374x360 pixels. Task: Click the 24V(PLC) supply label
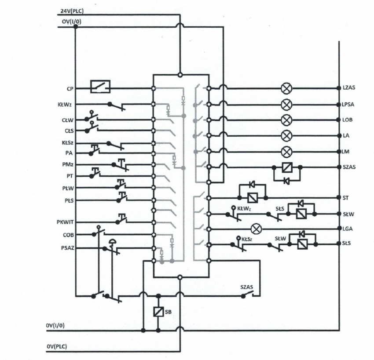pyautogui.click(x=72, y=11)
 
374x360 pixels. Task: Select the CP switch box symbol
pyautogui.click(x=100, y=87)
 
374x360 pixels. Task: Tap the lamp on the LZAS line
pyautogui.click(x=286, y=88)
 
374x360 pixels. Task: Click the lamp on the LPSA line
pyautogui.click(x=286, y=104)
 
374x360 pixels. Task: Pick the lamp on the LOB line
pyautogui.click(x=286, y=120)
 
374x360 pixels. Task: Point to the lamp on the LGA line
pyautogui.click(x=257, y=229)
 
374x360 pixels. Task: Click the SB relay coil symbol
pyautogui.click(x=158, y=312)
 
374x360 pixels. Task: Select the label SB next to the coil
pyautogui.click(x=168, y=312)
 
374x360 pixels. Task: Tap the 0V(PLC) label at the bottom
pyautogui.click(x=57, y=346)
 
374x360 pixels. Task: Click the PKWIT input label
pyautogui.click(x=65, y=222)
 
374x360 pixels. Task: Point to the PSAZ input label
pyautogui.click(x=68, y=248)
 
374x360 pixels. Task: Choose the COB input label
pyautogui.click(x=69, y=235)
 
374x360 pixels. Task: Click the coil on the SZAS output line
pyautogui.click(x=287, y=167)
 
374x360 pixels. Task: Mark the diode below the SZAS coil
pyautogui.click(x=286, y=181)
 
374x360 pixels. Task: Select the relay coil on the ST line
pyautogui.click(x=253, y=198)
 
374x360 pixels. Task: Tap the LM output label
pyautogui.click(x=346, y=152)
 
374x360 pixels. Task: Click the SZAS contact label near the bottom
pyautogui.click(x=247, y=287)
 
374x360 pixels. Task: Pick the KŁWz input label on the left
pyautogui.click(x=64, y=104)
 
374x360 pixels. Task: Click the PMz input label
pyautogui.click(x=68, y=164)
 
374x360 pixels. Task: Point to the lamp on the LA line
pyautogui.click(x=286, y=136)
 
